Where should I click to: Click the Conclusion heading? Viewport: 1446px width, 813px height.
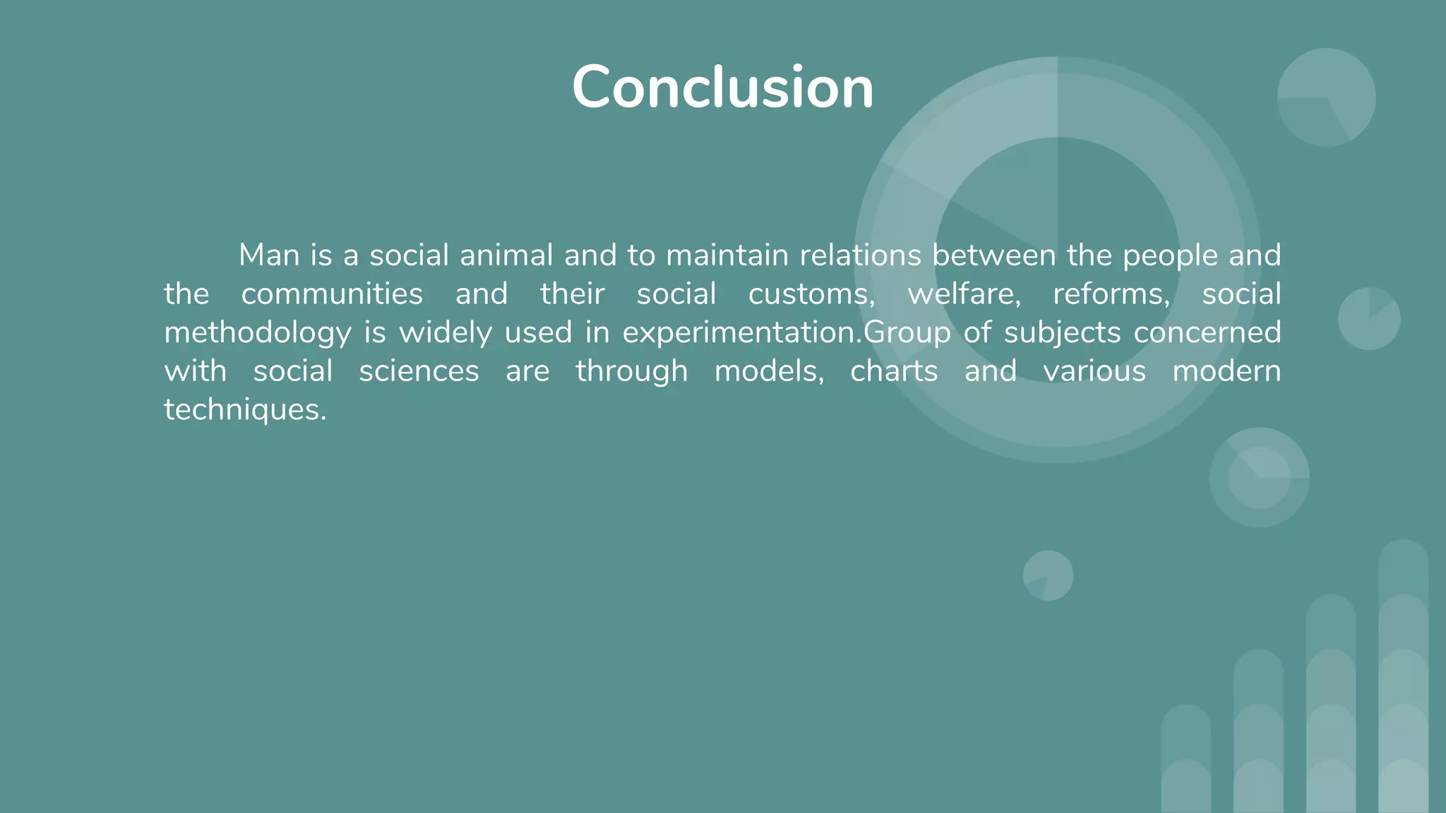coord(722,88)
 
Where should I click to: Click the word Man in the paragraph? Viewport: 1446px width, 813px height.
coord(269,255)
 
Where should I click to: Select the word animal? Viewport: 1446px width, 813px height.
coord(506,255)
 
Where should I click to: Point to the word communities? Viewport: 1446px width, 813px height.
coord(332,294)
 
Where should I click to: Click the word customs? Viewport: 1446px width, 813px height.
coord(811,294)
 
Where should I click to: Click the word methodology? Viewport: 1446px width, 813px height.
coord(257,333)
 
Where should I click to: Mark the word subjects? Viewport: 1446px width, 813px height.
coord(1062,333)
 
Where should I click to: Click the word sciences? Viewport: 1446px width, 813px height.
coord(419,371)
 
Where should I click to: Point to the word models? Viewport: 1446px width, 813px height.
coord(769,371)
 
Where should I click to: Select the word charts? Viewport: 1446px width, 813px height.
coord(893,371)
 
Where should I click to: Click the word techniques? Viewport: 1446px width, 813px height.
coord(245,410)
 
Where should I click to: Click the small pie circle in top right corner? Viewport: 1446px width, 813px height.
coord(1326,97)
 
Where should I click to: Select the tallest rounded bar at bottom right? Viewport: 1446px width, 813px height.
coord(1403,677)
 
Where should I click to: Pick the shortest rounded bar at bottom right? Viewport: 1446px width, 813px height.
coord(1185,759)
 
